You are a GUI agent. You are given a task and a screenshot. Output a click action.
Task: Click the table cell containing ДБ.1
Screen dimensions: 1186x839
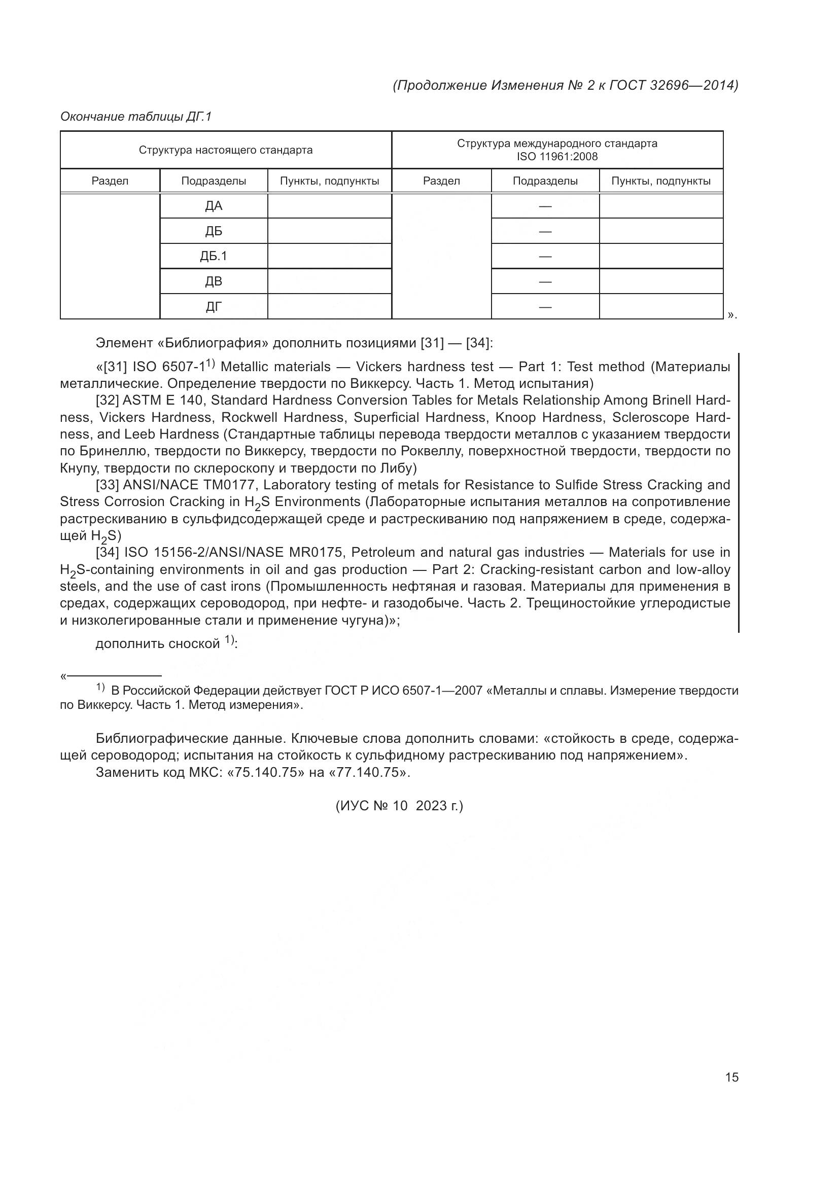[214, 256]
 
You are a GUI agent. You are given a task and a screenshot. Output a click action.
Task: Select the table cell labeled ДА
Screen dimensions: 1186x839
[214, 206]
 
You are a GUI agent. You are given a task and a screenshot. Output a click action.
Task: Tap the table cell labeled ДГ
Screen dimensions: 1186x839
[214, 307]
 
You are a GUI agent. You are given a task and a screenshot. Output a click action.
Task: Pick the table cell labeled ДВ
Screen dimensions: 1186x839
[214, 281]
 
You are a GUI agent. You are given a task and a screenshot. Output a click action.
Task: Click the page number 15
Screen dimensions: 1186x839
[731, 1077]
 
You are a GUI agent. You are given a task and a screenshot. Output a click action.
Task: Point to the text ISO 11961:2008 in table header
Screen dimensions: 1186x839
[557, 157]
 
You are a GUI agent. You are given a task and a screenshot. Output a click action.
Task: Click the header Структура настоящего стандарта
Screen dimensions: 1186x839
[225, 150]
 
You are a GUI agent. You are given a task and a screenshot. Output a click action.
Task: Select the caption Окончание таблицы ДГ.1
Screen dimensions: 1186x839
[136, 117]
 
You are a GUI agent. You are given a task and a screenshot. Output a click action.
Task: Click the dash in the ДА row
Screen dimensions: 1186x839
[545, 206]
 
